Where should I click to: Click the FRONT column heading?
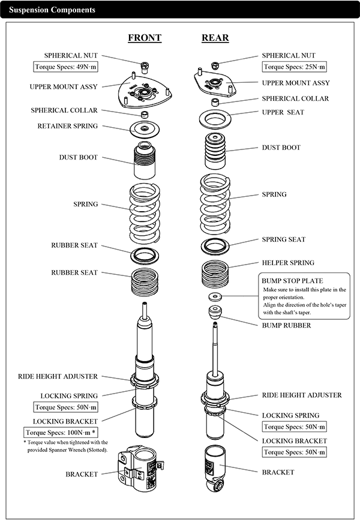[145, 38]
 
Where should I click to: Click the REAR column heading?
[215, 38]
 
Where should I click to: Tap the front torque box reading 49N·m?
[65, 67]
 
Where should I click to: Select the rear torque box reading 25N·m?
[294, 67]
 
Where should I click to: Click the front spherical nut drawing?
[145, 67]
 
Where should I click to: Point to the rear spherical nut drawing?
[215, 65]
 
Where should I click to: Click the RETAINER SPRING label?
[68, 126]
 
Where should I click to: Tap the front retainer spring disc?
[144, 129]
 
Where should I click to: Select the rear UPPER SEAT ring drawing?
[215, 119]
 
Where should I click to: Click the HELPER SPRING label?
[288, 263]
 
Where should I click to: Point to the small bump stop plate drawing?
[215, 296]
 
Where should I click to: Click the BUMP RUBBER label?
[286, 325]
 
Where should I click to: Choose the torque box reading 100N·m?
[61, 433]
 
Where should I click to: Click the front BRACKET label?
[82, 474]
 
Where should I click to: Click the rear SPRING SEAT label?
[283, 239]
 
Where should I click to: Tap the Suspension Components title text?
[52, 10]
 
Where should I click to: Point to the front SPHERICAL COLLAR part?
[144, 115]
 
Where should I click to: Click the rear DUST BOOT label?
[281, 148]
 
